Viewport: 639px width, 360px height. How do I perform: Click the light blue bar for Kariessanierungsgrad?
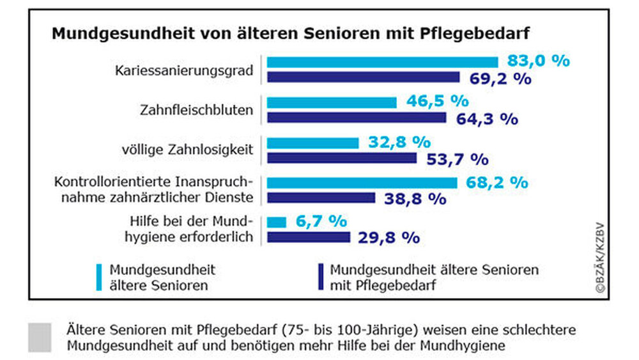coord(382,62)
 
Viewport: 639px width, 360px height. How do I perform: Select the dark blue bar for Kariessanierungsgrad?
coord(363,77)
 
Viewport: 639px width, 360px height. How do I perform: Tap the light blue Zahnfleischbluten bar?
coord(332,102)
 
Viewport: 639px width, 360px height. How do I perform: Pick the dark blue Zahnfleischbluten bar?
coord(357,118)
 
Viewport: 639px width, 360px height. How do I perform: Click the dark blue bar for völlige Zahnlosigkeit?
coord(342,158)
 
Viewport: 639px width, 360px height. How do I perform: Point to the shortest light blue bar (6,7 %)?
coord(277,222)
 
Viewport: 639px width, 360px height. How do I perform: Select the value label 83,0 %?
coord(538,61)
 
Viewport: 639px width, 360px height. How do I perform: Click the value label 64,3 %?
coord(486,118)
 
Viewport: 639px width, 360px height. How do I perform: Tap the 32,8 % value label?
coord(399,142)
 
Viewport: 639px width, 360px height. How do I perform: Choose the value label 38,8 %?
coord(415,198)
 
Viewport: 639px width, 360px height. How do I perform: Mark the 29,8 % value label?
coord(389,238)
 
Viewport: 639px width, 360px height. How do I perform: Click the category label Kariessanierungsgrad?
coord(184,70)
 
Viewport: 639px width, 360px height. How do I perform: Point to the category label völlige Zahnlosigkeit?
coord(187,150)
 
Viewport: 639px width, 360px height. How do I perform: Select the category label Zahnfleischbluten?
coord(196,110)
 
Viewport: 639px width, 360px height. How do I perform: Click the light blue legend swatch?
coord(99,278)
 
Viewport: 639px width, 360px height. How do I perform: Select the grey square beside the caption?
coord(40,337)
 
